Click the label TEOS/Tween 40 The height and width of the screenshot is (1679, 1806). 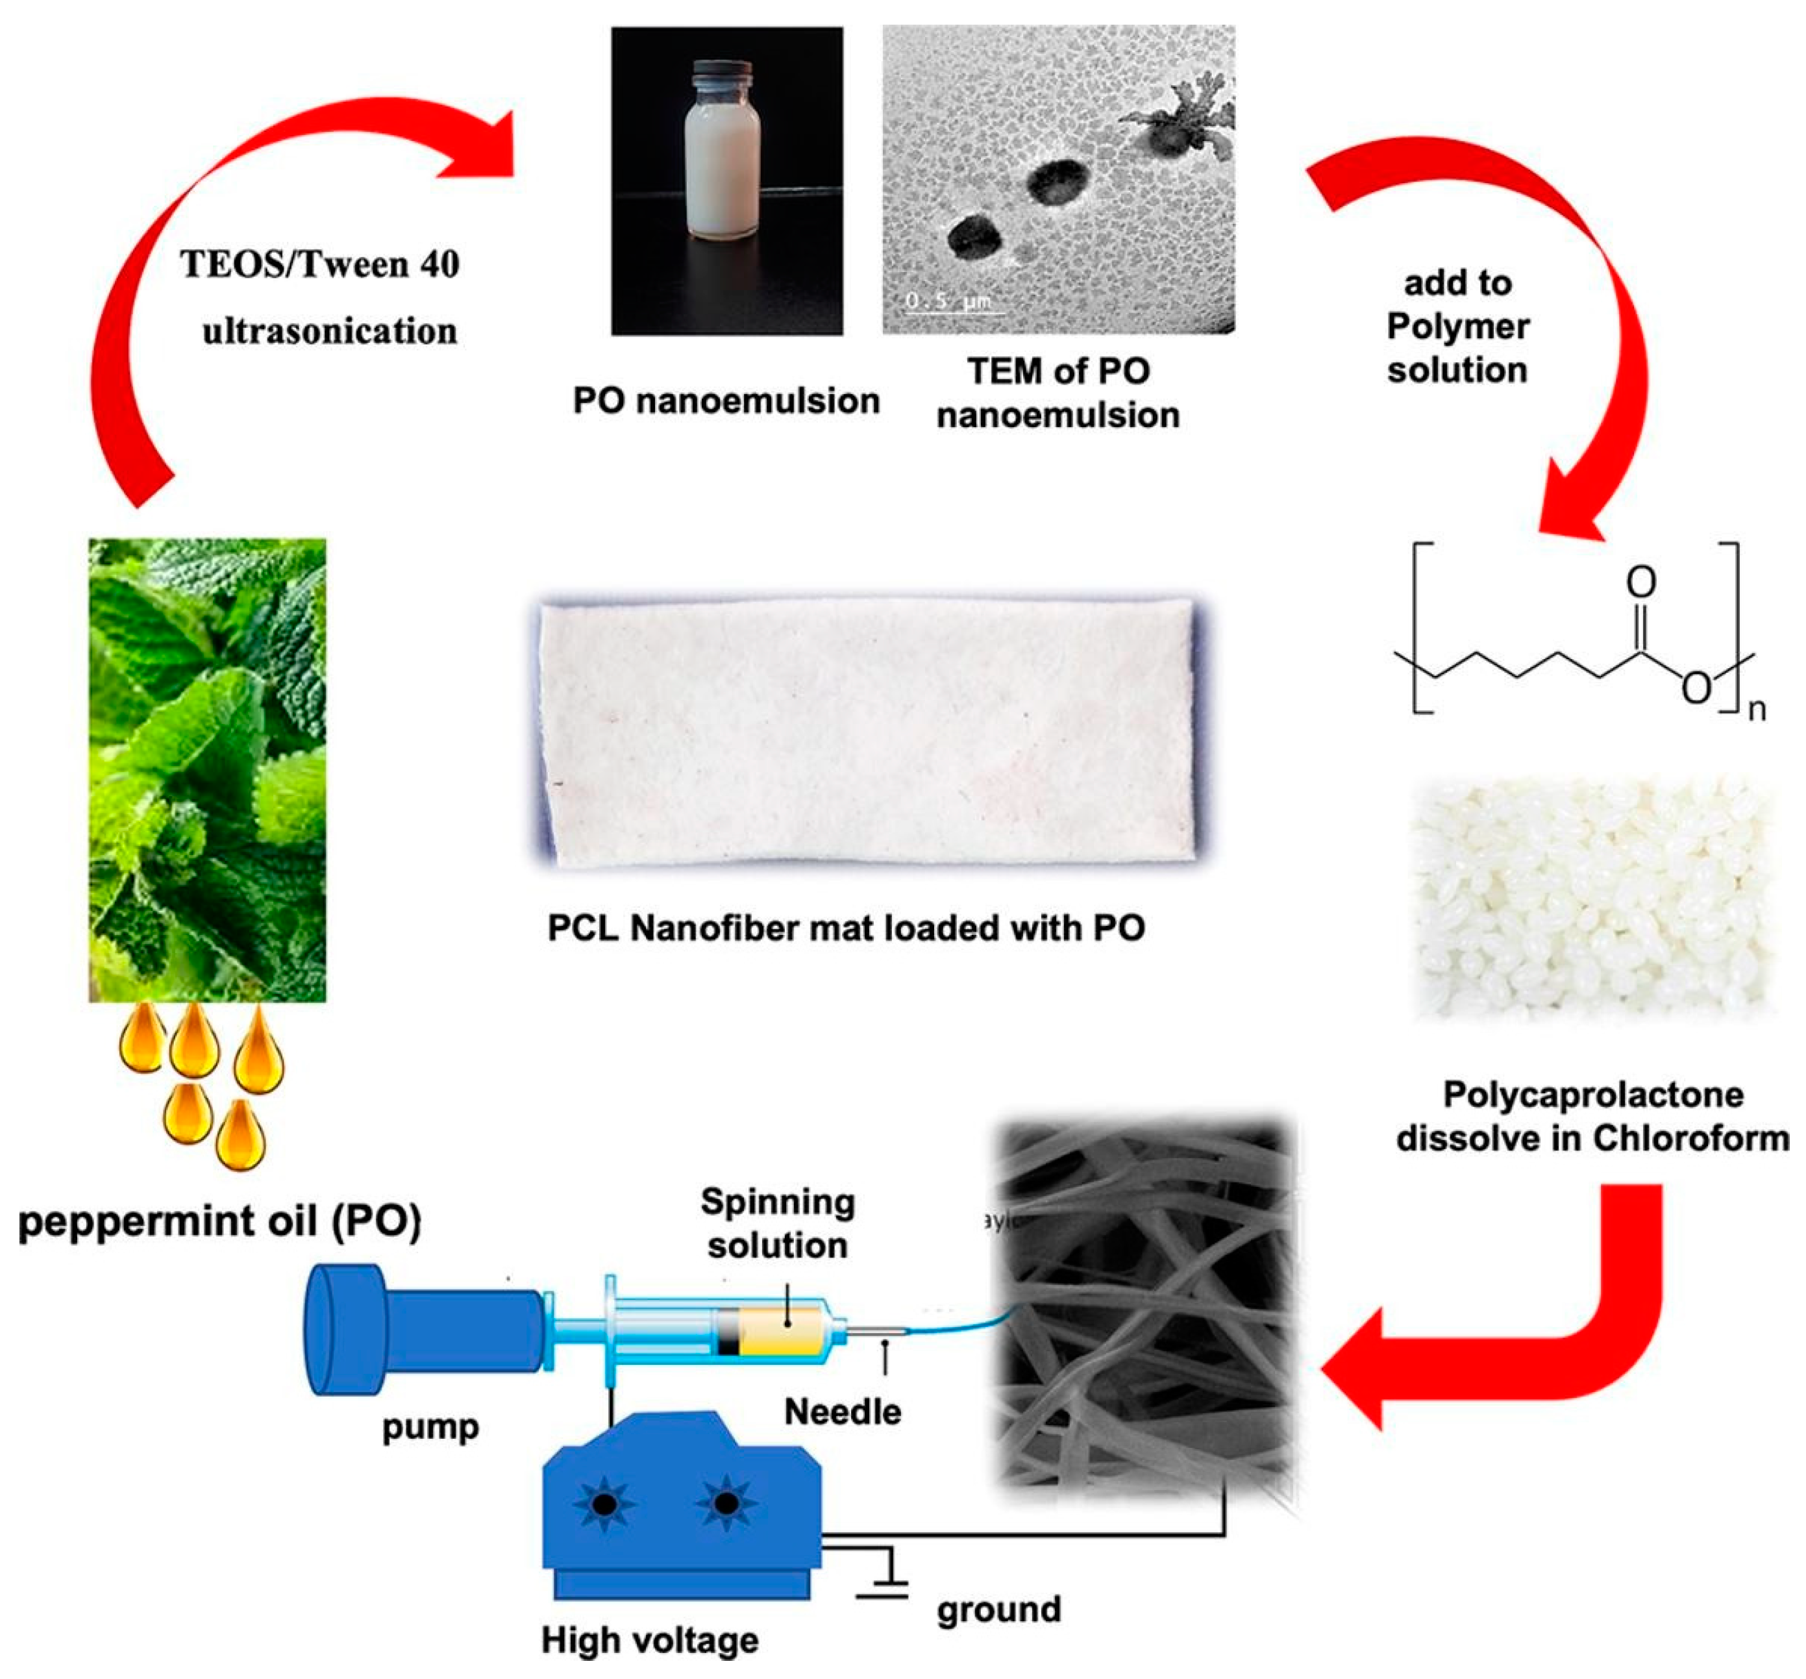pyautogui.click(x=320, y=264)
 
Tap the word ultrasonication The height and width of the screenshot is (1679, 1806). pyautogui.click(x=329, y=330)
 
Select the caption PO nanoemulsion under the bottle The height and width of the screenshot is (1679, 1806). pyautogui.click(x=726, y=401)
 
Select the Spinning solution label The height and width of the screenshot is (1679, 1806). pyautogui.click(x=778, y=1223)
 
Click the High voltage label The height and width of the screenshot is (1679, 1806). pyautogui.click(x=650, y=1640)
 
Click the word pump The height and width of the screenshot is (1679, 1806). pyautogui.click(x=430, y=1426)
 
